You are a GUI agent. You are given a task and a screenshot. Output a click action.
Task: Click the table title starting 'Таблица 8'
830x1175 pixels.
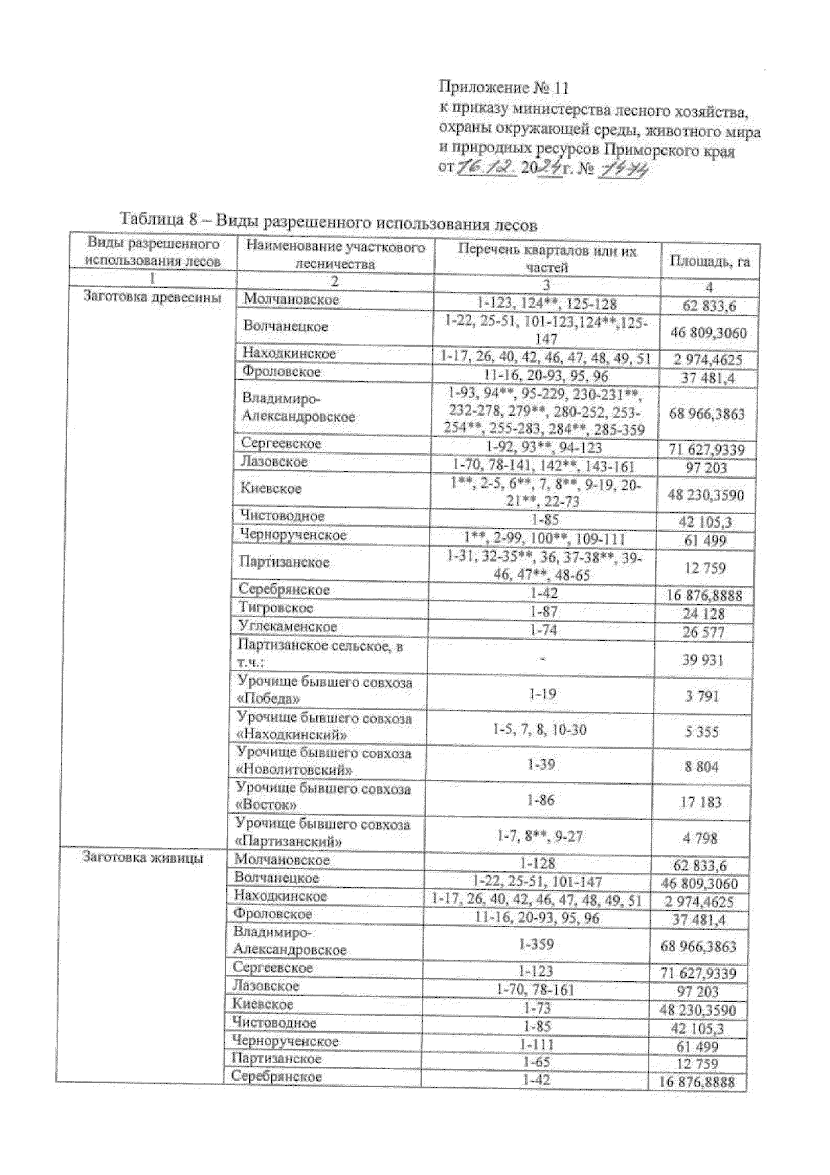pyautogui.click(x=329, y=221)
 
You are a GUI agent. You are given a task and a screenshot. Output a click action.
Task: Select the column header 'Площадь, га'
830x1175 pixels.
pyautogui.click(x=709, y=262)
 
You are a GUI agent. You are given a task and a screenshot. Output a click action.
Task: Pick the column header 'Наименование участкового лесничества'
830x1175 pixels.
pyautogui.click(x=335, y=255)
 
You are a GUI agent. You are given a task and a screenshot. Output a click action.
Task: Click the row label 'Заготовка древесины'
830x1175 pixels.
pyautogui.click(x=152, y=298)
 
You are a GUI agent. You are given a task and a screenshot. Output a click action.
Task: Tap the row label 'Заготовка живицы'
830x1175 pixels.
pyautogui.click(x=142, y=858)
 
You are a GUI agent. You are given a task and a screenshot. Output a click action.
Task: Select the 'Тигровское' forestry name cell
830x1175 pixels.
pyautogui.click(x=277, y=608)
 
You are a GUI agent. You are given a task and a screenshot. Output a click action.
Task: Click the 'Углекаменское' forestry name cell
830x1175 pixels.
pyautogui.click(x=287, y=627)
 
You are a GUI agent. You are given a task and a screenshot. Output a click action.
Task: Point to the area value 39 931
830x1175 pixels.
pyautogui.click(x=703, y=660)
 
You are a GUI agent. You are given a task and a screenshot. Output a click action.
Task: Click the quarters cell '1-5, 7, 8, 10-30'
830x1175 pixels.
pyautogui.click(x=539, y=729)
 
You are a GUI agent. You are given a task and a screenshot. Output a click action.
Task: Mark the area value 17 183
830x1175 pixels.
pyautogui.click(x=701, y=803)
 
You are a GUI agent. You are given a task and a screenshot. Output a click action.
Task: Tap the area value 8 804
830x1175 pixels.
pyautogui.click(x=701, y=767)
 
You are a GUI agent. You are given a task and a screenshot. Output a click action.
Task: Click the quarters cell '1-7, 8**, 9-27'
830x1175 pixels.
pyautogui.click(x=539, y=836)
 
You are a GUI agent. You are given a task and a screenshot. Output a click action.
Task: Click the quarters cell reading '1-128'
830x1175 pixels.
pyautogui.click(x=537, y=863)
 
